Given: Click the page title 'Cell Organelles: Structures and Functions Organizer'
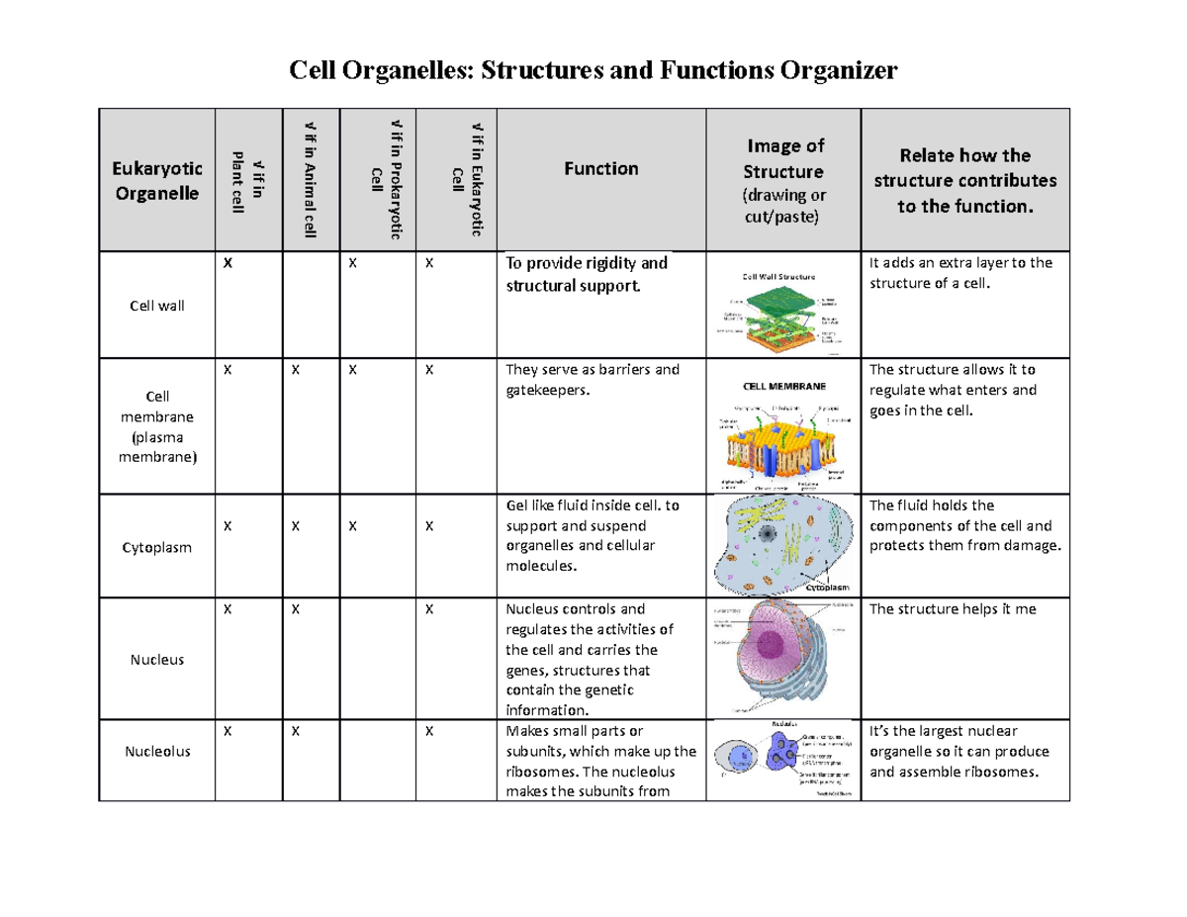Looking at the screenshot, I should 592,71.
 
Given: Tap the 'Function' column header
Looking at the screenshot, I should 600,169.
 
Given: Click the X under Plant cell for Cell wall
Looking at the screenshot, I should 227,264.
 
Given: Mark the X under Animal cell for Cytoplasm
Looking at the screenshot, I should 294,527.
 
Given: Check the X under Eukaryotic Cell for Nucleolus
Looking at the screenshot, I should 429,732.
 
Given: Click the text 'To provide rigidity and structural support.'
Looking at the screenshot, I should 586,274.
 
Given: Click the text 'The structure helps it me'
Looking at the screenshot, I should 952,609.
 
